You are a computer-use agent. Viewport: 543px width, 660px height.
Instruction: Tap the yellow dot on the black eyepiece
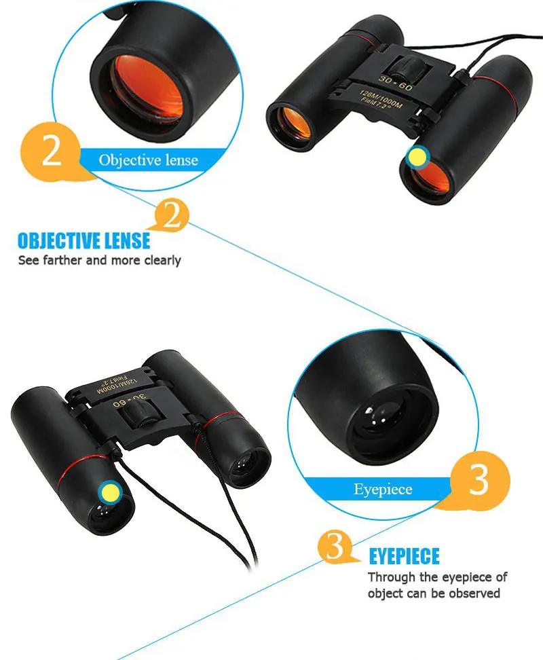pyautogui.click(x=110, y=491)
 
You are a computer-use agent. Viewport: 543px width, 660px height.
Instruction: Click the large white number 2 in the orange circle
pyautogui.click(x=52, y=151)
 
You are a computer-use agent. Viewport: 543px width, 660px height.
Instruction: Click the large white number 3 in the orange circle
pyautogui.click(x=479, y=481)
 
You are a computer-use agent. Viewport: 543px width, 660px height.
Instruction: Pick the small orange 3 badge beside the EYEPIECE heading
pyautogui.click(x=335, y=547)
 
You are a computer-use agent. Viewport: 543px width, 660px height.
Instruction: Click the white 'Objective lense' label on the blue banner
pyautogui.click(x=148, y=160)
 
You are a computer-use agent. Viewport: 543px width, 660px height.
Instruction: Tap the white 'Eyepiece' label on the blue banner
pyautogui.click(x=383, y=490)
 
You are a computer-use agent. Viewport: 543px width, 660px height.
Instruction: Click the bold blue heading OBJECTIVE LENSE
pyautogui.click(x=83, y=240)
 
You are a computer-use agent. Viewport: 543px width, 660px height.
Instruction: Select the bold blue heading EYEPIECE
pyautogui.click(x=405, y=557)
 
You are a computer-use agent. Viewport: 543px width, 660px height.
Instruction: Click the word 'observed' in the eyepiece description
pyautogui.click(x=474, y=593)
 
